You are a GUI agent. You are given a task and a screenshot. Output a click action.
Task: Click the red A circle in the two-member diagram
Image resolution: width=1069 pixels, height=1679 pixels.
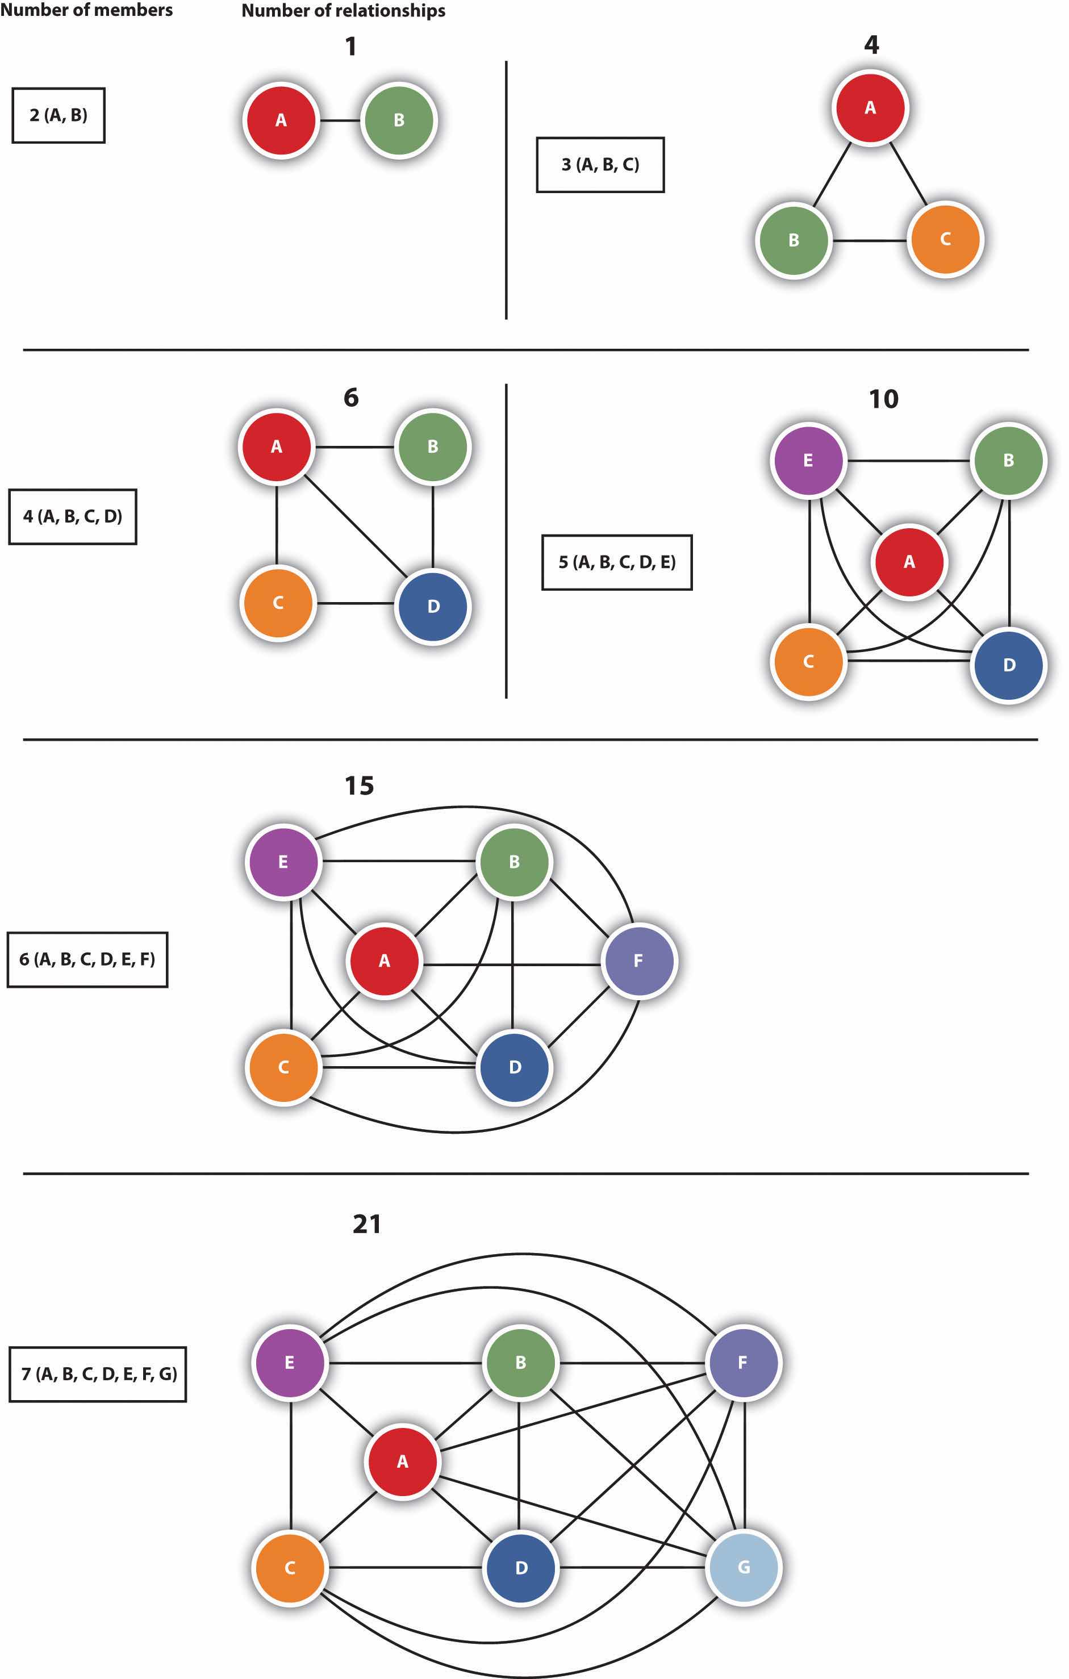click(x=281, y=120)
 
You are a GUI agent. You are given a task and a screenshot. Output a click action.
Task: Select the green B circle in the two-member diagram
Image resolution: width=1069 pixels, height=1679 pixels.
click(x=399, y=120)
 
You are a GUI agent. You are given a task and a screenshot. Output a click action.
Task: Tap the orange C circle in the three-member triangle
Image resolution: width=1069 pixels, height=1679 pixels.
click(x=946, y=239)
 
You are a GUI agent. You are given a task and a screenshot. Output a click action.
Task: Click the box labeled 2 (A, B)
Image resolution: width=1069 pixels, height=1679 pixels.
click(x=59, y=116)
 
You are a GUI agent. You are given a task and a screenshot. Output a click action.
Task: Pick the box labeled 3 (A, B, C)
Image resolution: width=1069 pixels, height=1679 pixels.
click(x=600, y=165)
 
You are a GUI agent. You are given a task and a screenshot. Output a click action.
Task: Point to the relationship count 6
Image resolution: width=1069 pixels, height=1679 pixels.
click(x=351, y=398)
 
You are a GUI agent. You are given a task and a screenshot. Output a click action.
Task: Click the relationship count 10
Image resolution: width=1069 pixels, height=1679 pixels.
click(x=883, y=399)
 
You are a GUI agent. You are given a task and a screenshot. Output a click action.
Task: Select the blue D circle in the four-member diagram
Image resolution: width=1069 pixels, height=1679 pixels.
click(x=433, y=606)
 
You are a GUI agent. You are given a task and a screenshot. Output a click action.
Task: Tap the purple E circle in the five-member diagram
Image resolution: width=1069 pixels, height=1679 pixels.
click(x=808, y=460)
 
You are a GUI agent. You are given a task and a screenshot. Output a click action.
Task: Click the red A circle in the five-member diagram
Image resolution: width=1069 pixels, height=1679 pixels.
click(x=909, y=562)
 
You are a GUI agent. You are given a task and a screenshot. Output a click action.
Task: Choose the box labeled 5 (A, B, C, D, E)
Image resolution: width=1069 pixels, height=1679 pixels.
click(x=617, y=563)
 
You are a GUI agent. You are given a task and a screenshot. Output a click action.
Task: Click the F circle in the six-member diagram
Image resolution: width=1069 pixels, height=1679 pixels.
click(x=638, y=961)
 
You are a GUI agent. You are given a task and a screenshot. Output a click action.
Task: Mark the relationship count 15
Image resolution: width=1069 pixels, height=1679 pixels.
click(x=359, y=786)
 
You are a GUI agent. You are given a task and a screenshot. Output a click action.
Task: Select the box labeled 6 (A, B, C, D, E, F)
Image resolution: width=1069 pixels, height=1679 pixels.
click(x=87, y=959)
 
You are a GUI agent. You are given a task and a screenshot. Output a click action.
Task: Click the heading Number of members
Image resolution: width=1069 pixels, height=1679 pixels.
click(x=86, y=10)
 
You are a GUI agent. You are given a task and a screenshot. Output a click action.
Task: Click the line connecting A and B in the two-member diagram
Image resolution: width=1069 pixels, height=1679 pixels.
click(x=340, y=120)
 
